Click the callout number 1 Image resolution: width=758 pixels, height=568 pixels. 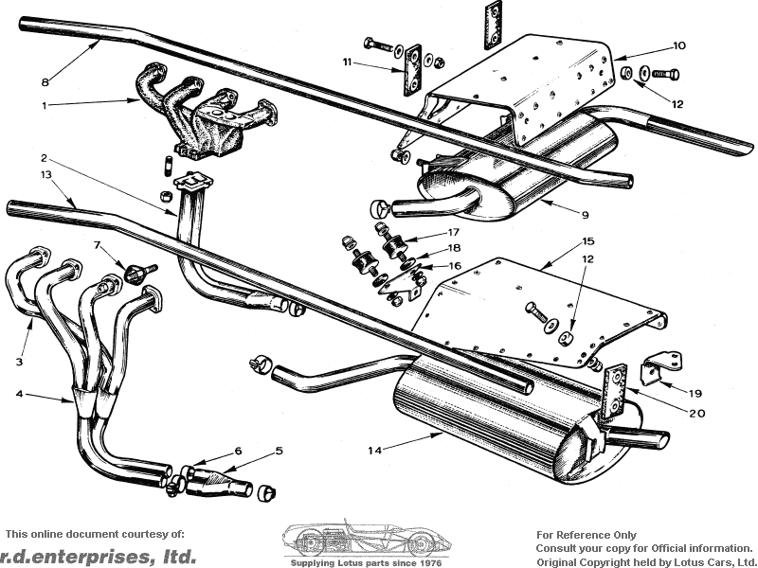click(44, 104)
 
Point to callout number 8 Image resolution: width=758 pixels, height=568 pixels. click(44, 82)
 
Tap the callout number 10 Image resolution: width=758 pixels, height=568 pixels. click(678, 45)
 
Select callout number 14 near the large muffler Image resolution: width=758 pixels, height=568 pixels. click(376, 451)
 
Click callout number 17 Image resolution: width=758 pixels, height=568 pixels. click(454, 232)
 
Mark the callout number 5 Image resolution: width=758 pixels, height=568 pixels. click(279, 451)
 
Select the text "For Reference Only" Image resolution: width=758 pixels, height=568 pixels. click(587, 535)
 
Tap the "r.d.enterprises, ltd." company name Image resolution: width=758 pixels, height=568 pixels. click(99, 556)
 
